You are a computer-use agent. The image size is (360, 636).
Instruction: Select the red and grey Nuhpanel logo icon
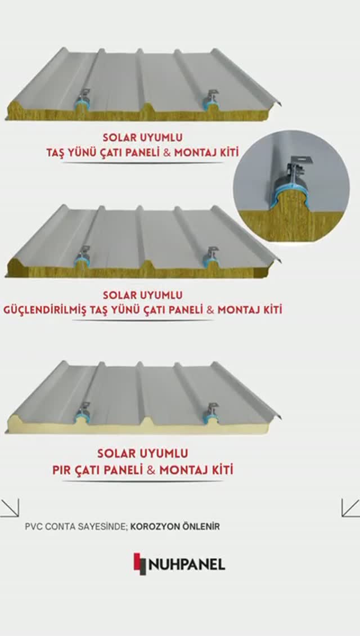140,564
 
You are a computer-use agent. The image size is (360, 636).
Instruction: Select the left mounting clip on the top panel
83,97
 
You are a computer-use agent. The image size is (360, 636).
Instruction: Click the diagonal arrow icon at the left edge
10,508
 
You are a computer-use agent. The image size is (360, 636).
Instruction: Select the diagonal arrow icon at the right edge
350,508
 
